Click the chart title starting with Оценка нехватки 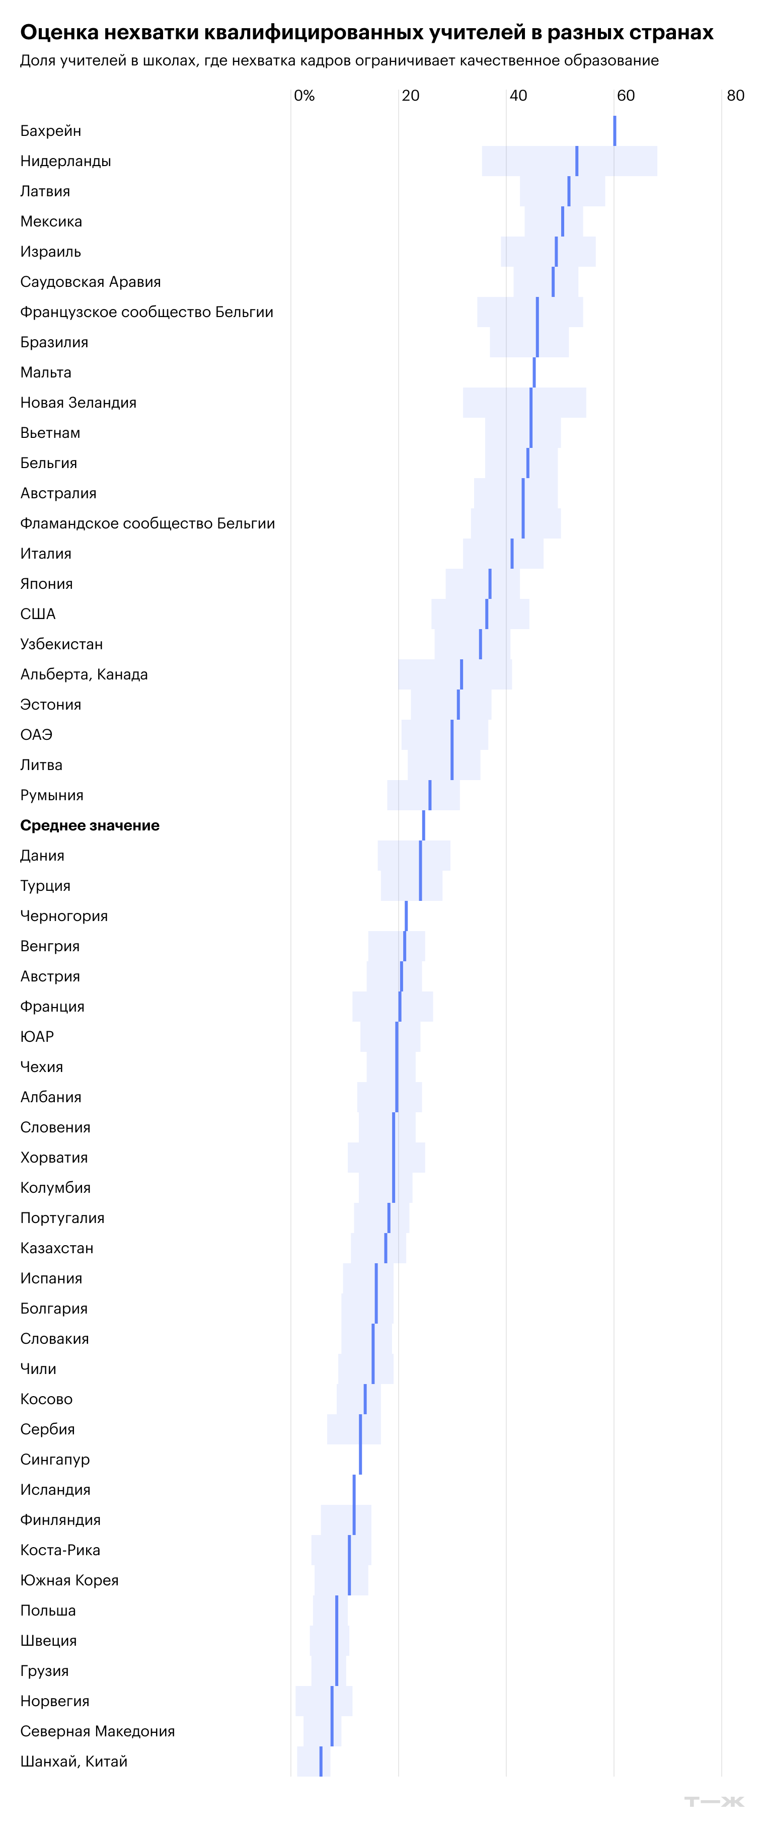366,33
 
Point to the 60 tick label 625,96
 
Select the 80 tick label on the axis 735,96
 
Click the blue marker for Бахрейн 615,130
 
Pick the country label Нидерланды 65,161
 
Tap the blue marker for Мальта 534,372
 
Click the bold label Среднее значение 90,825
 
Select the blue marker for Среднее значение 423,825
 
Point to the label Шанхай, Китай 74,1762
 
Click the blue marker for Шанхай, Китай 321,1762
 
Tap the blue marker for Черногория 406,915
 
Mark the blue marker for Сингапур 360,1459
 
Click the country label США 38,614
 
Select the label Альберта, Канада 84,674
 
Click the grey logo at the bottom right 714,1801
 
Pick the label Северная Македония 98,1731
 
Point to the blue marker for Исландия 354,1490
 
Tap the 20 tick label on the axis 411,96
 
